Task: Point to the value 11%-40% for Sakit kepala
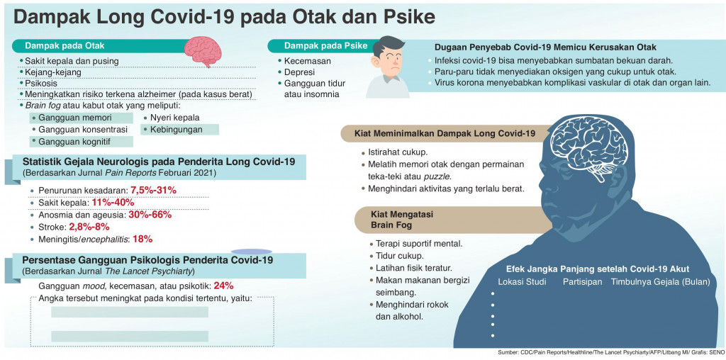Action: pos(113,203)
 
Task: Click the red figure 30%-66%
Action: pos(150,215)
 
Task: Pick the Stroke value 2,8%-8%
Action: pos(89,227)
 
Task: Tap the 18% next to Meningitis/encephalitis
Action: pos(143,239)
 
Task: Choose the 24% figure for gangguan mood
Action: pos(223,286)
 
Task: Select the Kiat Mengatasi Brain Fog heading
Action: pos(402,219)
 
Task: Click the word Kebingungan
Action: pos(177,130)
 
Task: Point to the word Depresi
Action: pos(299,72)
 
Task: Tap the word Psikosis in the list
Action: pos(41,84)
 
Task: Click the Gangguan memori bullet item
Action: pos(74,118)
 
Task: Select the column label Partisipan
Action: pos(582,282)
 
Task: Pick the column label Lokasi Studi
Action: pos(522,282)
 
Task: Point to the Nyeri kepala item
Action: pos(174,118)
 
